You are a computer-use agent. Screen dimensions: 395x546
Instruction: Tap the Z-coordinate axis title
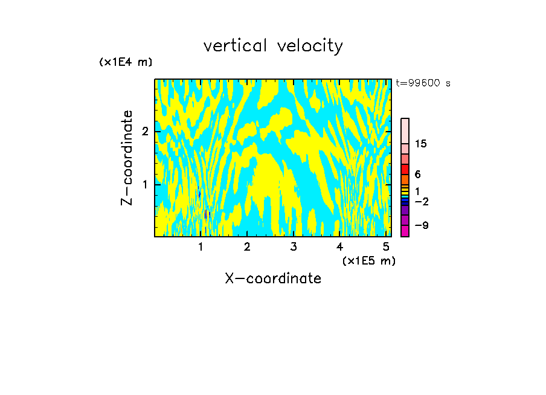[127, 158]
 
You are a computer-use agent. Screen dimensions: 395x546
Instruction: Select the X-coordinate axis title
[273, 278]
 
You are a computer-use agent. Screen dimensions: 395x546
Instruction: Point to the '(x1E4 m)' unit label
[126, 62]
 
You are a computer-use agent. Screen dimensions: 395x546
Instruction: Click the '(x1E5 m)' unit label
[368, 260]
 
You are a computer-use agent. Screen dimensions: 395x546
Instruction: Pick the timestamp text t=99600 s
[423, 83]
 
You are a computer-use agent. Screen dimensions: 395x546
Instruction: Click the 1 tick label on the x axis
[201, 246]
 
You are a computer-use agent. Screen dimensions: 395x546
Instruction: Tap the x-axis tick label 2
[247, 246]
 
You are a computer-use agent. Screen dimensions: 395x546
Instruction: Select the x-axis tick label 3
[293, 246]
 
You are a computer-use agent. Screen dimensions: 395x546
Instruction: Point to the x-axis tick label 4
[339, 246]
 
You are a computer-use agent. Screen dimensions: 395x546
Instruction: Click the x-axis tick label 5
[386, 246]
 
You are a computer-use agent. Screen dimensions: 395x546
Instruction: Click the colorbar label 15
[421, 144]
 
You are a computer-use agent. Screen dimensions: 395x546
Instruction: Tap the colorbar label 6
[417, 174]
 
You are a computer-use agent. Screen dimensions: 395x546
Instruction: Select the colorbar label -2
[421, 201]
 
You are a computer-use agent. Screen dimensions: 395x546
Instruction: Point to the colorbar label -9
[421, 225]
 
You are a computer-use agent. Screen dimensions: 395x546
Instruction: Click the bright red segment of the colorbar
[405, 169]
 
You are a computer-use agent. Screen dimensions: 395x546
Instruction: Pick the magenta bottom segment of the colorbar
[405, 231]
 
